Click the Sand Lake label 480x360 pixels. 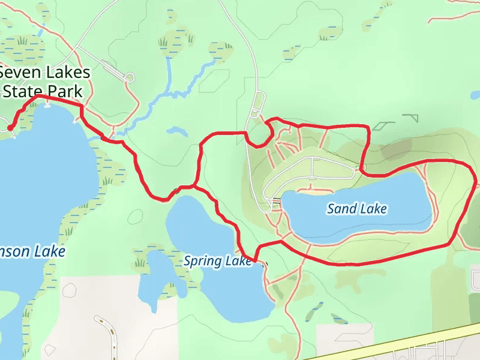(357, 209)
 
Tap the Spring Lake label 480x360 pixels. (217, 261)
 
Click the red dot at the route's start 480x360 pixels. (10, 127)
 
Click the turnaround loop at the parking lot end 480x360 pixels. (128, 77)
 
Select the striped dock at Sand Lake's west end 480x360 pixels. (277, 202)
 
